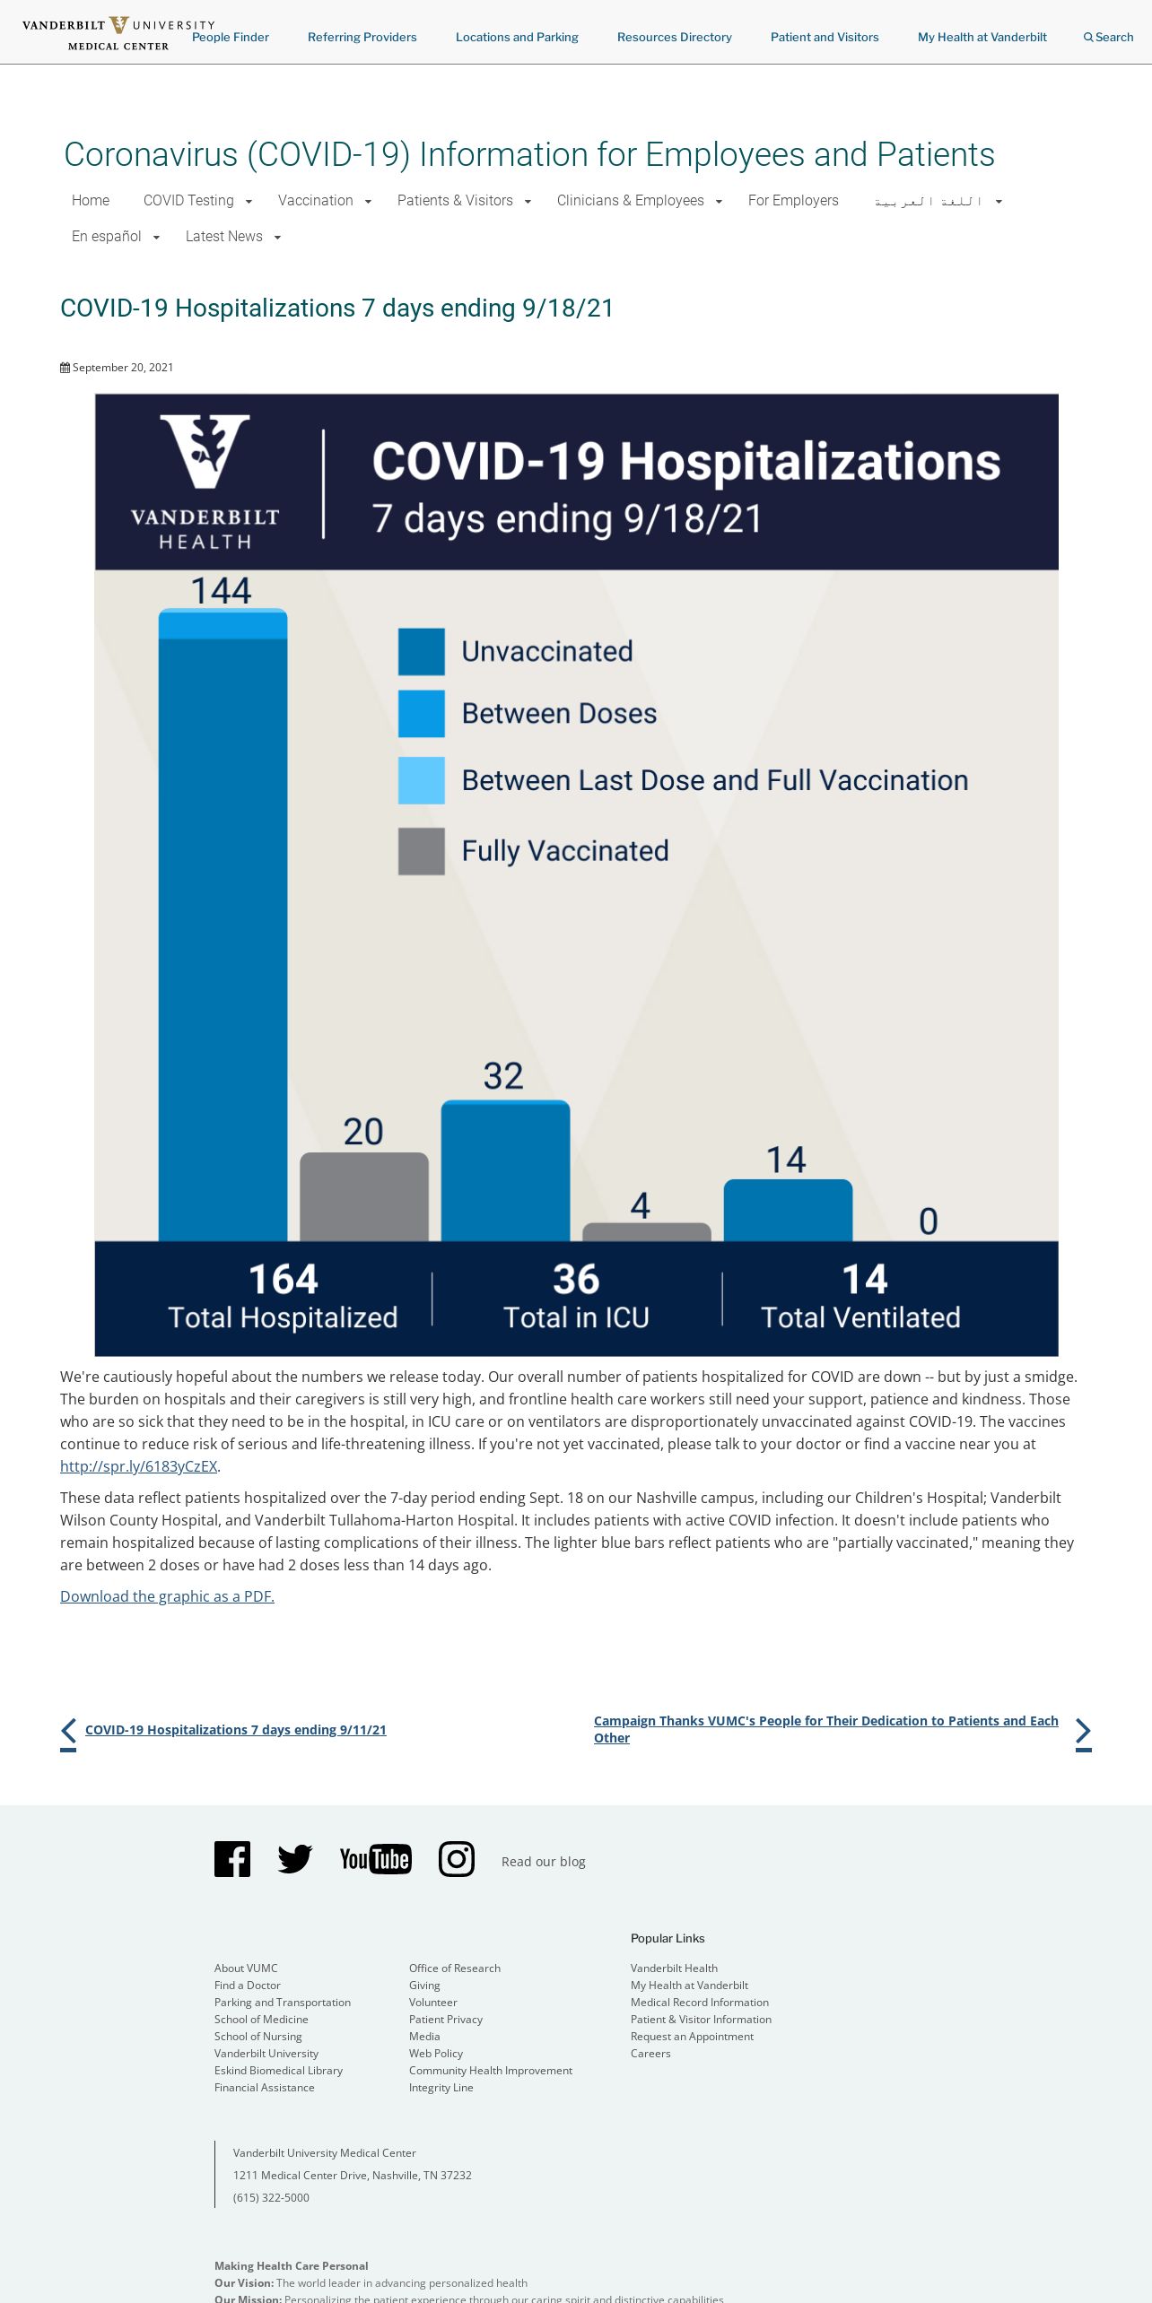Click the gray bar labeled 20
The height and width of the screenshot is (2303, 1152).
tap(363, 1196)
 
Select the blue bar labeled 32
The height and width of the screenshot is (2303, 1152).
tap(505, 1170)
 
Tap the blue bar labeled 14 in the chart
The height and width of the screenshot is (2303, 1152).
tap(788, 1210)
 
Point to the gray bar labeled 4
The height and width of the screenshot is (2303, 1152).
tap(646, 1231)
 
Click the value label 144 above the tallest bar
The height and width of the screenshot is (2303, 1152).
tap(222, 590)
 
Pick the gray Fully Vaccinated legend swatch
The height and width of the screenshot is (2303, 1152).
tap(421, 850)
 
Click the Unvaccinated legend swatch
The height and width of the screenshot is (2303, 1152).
tap(421, 651)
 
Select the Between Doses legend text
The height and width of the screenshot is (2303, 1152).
tap(559, 714)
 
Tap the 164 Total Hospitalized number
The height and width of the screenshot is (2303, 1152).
tap(283, 1279)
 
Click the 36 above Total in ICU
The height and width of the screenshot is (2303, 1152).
tap(576, 1279)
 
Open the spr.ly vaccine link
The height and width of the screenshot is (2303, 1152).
tap(138, 1466)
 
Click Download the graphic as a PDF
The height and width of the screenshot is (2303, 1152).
tap(167, 1596)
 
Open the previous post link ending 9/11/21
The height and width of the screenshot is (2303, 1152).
tap(235, 1730)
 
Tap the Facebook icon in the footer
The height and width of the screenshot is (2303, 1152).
tap(232, 1859)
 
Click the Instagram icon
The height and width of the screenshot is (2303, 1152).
tap(456, 1859)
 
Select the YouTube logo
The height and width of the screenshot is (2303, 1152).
tap(375, 1859)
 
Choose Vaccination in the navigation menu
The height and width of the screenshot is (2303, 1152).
tap(316, 201)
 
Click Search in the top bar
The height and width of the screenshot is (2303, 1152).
tap(1109, 38)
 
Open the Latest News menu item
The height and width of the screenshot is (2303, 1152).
tap(224, 237)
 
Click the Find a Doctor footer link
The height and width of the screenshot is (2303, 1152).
tap(248, 1986)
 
